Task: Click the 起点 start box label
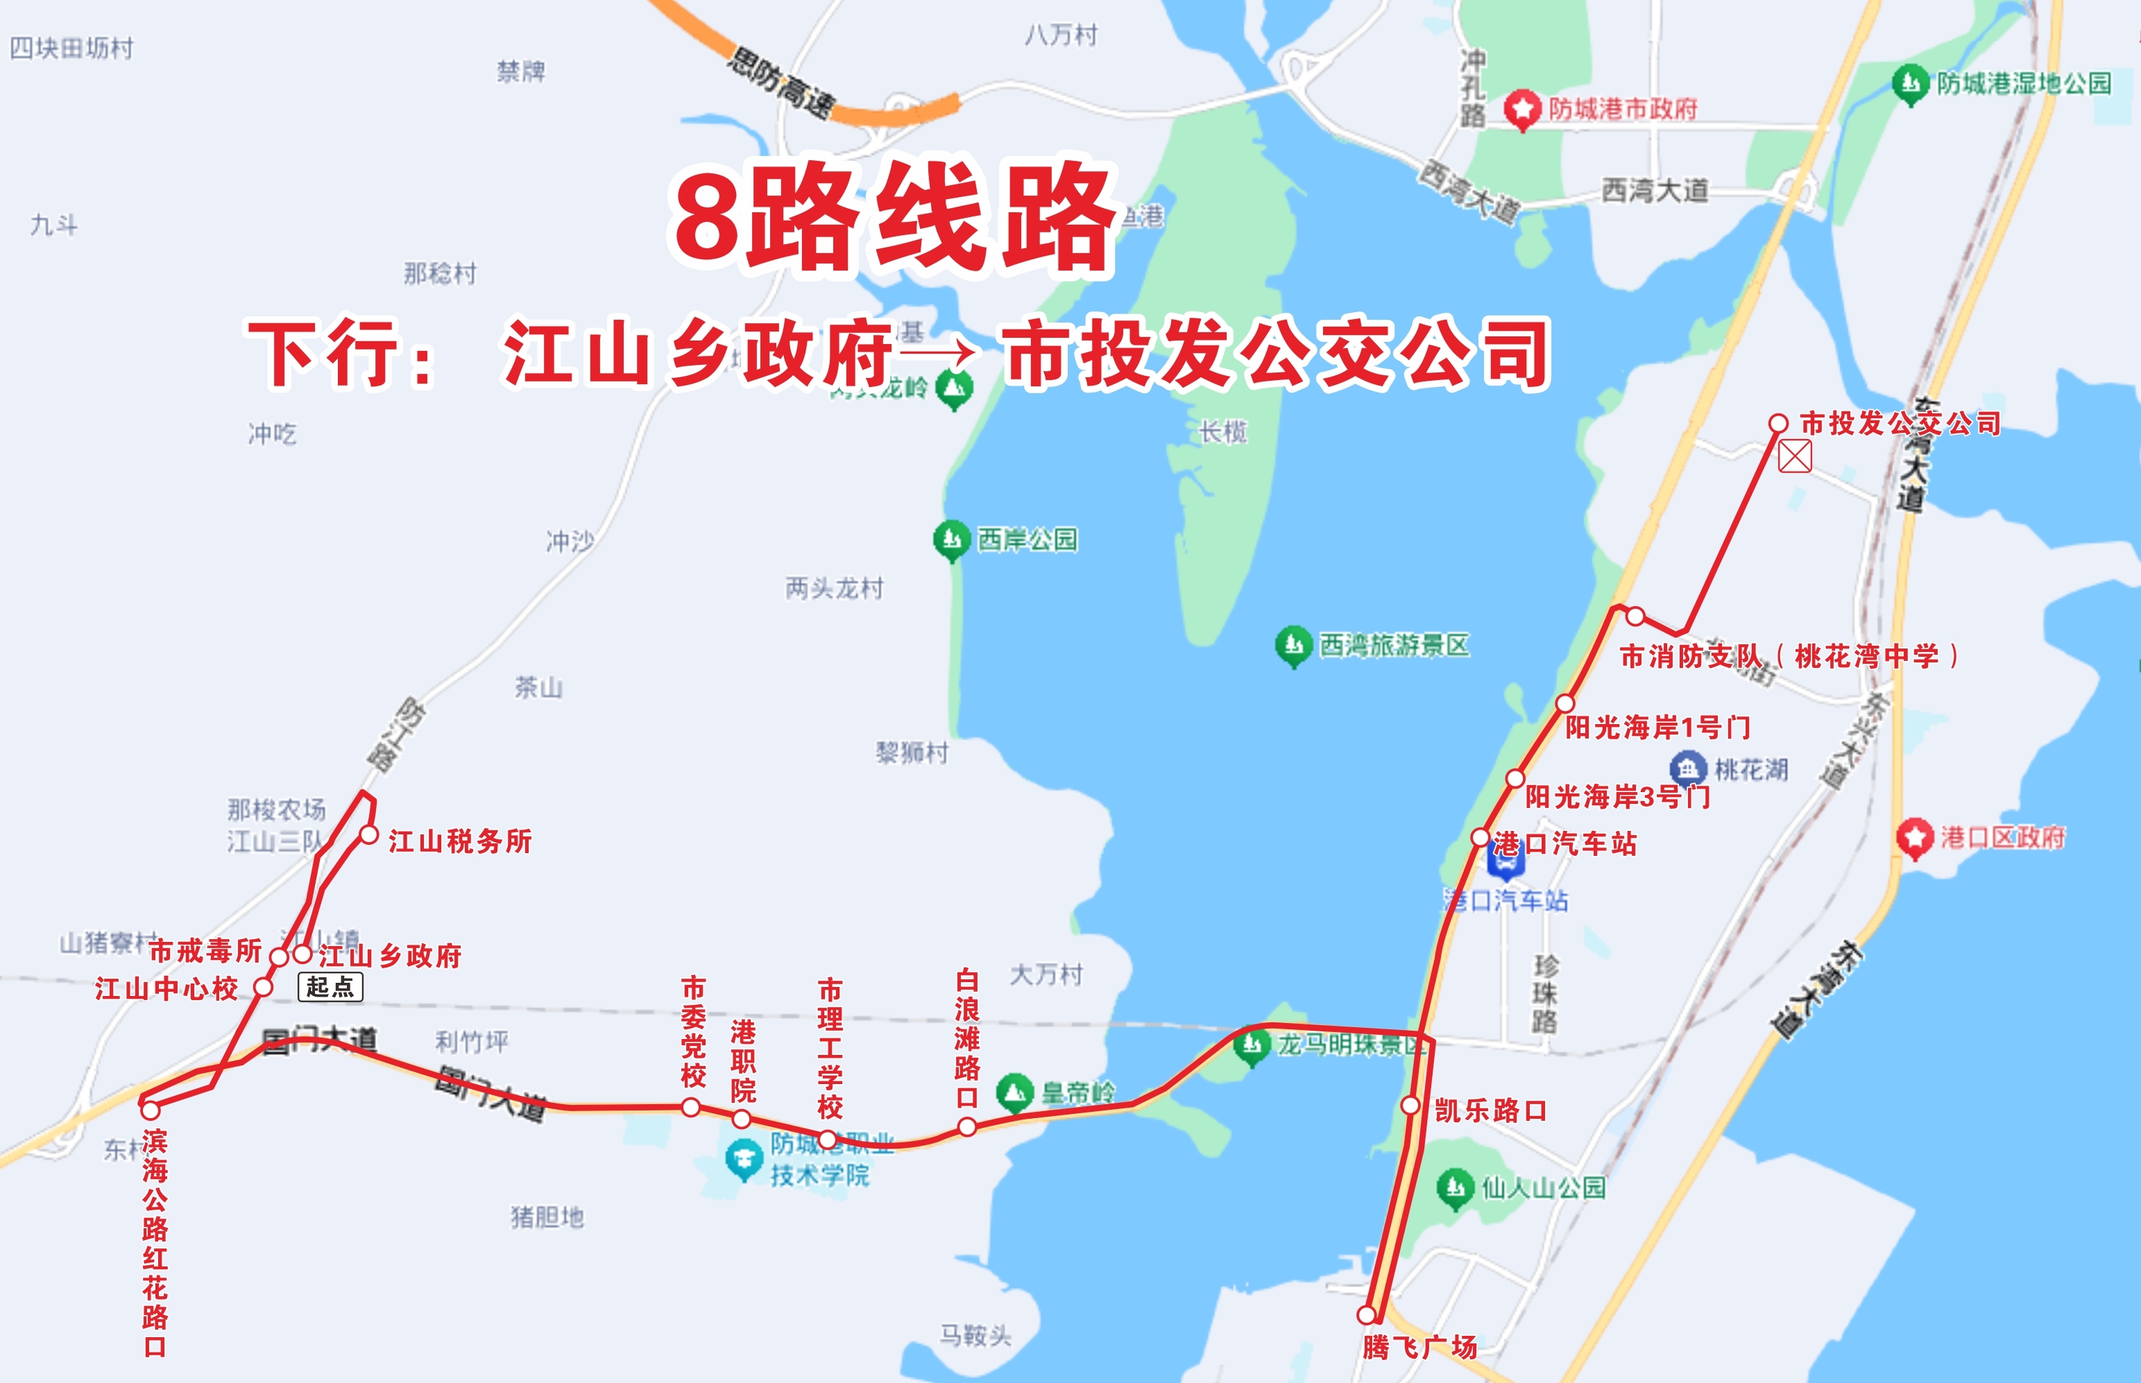tap(330, 987)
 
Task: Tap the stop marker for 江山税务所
tap(368, 835)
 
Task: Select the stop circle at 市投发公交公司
tap(1777, 423)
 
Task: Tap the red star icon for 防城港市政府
tap(1521, 110)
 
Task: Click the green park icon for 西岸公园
tap(951, 540)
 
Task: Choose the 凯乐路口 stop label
tap(1490, 1111)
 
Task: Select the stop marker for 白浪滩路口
tap(966, 1126)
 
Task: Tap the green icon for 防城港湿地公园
tap(1910, 83)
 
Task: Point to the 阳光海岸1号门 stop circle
tap(1565, 703)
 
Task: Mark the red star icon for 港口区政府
tap(1915, 837)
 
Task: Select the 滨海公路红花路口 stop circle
tap(150, 1110)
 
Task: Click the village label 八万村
tap(1061, 35)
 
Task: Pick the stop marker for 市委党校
tap(690, 1107)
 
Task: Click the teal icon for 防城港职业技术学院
tap(744, 1158)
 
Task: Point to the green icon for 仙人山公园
tap(1455, 1188)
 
